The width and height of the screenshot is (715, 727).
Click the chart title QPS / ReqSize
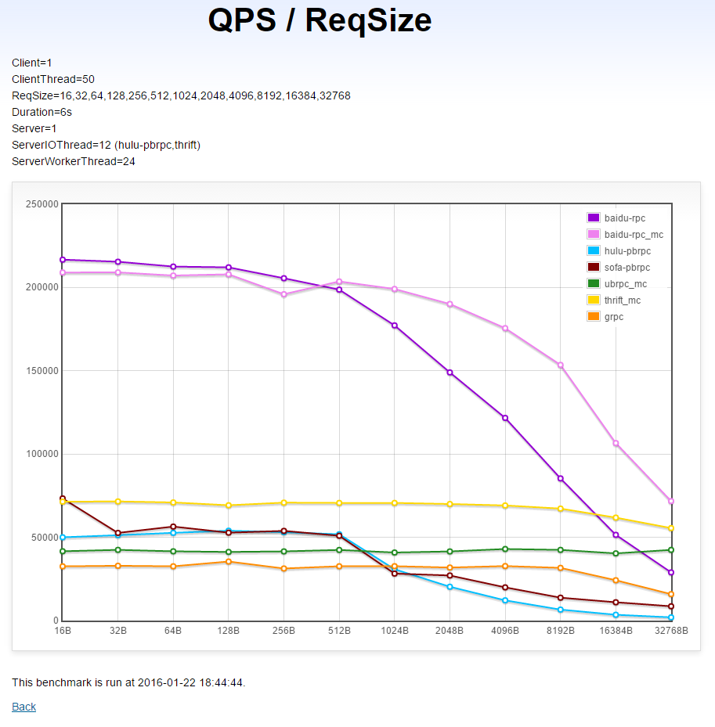[x=320, y=20]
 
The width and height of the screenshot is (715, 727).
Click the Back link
[x=23, y=707]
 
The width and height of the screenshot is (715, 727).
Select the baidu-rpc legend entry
[x=624, y=218]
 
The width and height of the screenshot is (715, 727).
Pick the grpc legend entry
[x=613, y=316]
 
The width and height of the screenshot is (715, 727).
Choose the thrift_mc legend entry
[x=622, y=300]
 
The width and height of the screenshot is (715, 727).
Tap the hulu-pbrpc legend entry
[x=627, y=250]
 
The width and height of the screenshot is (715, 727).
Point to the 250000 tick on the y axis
[x=43, y=204]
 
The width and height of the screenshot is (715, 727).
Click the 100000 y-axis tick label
[x=43, y=455]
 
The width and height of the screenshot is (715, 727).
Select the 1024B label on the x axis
[x=395, y=631]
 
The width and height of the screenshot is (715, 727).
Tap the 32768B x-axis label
[x=670, y=631]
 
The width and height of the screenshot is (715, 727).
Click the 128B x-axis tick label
[x=228, y=631]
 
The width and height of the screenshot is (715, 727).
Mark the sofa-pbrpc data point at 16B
[x=62, y=498]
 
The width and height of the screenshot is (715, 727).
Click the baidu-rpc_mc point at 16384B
[x=616, y=443]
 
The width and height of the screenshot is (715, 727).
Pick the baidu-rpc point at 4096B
[x=505, y=418]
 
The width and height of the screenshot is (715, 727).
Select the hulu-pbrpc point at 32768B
[x=671, y=617]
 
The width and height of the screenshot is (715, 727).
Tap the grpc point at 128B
[x=228, y=562]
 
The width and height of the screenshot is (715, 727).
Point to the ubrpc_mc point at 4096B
[x=505, y=549]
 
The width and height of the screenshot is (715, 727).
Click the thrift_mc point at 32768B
[x=671, y=528]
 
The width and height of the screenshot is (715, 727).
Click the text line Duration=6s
[x=42, y=112]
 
